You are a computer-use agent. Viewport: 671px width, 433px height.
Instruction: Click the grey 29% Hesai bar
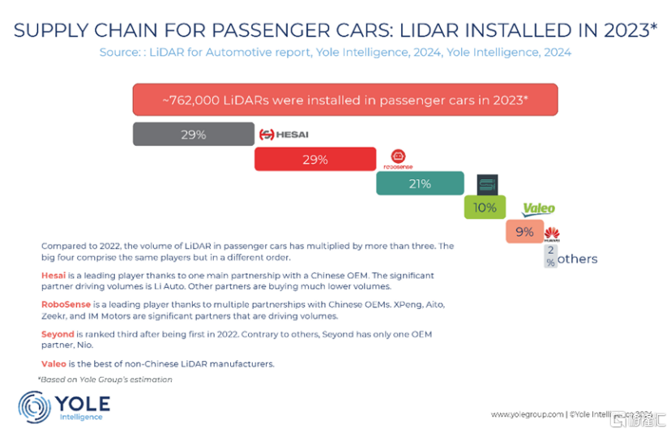(193, 134)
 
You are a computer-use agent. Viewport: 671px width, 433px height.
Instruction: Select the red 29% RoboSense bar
(314, 159)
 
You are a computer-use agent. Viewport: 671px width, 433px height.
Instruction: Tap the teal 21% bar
(419, 183)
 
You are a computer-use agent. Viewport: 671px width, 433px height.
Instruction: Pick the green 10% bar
(485, 208)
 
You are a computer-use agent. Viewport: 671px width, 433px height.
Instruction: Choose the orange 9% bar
(524, 232)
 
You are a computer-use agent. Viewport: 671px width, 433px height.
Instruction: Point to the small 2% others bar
(550, 257)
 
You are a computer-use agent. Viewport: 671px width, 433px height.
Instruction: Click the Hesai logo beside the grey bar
(284, 134)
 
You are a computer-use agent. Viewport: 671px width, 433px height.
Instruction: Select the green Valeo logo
(538, 208)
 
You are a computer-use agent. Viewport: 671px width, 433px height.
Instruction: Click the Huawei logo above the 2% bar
(552, 234)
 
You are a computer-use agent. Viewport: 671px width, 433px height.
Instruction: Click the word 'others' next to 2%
(577, 259)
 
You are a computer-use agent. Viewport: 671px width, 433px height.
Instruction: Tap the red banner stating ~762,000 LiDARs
(345, 100)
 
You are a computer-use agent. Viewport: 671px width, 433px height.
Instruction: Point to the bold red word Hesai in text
(53, 276)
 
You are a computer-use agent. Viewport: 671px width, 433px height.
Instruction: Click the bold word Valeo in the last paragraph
(53, 364)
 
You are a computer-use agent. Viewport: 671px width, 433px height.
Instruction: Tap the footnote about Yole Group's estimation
(105, 379)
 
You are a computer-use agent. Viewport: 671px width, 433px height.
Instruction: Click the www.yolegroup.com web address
(526, 414)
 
